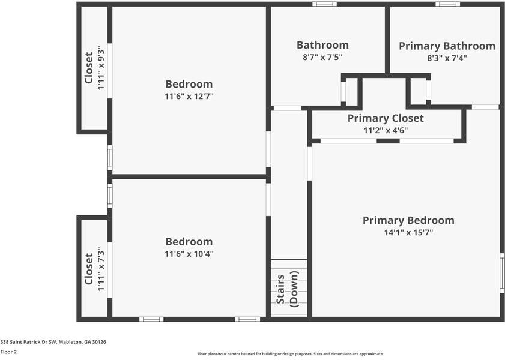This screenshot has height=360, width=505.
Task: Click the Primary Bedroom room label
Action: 408,220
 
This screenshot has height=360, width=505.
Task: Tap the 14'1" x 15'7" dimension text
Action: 408,232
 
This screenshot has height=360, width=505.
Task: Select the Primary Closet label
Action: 386,118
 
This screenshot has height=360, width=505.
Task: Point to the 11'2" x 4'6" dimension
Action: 386,130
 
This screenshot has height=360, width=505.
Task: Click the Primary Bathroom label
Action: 447,46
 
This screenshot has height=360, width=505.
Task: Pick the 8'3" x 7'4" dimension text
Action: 447,58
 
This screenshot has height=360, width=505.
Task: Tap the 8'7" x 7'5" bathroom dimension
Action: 322,57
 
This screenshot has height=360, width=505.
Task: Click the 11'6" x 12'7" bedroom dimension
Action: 189,96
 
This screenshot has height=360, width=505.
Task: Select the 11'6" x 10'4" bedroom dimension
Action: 189,253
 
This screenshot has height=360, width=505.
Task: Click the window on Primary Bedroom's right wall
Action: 502,272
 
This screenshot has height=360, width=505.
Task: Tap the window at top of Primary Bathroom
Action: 447,4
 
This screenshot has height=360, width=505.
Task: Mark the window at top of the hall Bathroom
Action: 324,4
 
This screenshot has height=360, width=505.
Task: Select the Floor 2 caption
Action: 8,352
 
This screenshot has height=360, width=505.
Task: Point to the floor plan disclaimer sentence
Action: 290,354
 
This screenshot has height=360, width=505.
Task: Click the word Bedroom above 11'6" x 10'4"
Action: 189,242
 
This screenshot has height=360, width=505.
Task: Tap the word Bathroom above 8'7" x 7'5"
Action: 322,45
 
